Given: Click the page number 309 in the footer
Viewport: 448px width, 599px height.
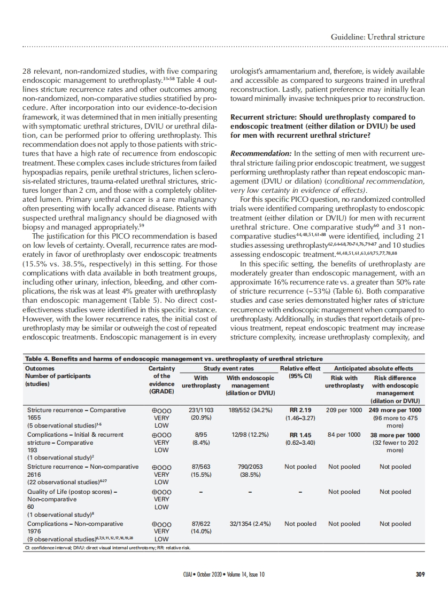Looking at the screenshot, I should coord(420,574).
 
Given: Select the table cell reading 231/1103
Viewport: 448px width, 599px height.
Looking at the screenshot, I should coord(201,410).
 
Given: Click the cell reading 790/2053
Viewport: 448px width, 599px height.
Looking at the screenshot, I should coord(250,467).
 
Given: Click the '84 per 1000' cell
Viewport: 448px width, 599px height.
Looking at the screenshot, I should coord(344,435).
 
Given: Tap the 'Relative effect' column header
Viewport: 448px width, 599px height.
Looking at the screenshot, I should coord(300,368).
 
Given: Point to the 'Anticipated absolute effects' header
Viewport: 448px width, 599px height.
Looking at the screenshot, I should coord(373,368).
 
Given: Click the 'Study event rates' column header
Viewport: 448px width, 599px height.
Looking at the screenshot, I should coord(228,368).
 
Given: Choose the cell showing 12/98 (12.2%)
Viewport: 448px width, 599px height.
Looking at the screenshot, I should coord(251,435).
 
